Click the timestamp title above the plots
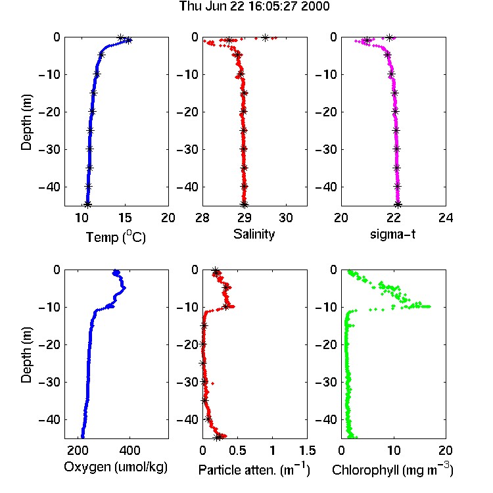254,6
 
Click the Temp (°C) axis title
116,237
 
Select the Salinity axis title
254,234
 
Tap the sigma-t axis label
392,234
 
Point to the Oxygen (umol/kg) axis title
116,467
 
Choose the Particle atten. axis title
254,470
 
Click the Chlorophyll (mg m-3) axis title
392,470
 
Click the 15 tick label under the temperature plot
125,218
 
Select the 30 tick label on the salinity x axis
286,218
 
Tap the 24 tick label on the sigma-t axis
446,218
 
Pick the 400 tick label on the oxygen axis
130,450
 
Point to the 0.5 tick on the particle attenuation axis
237,450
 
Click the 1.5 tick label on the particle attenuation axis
307,450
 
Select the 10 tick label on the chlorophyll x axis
394,450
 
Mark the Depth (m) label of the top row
26,122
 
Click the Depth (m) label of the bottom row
26,355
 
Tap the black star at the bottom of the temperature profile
87,204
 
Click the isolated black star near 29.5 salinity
266,37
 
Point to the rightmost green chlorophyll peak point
429,306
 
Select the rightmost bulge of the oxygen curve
124,288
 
